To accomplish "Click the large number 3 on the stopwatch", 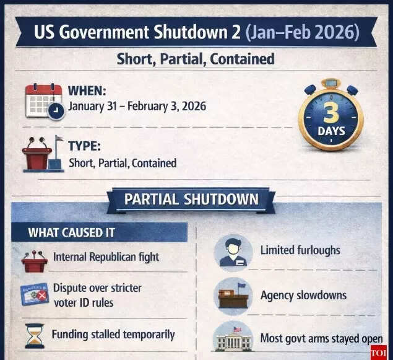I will pos(330,112).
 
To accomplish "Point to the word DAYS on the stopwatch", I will pos(331,131).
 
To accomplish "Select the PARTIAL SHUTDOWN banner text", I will pos(191,200).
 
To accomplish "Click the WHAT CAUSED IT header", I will pos(71,232).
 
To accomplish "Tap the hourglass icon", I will pos(34,335).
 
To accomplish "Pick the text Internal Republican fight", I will pos(106,257).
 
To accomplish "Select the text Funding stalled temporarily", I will pos(113,335).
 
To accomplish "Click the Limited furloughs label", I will pos(300,250).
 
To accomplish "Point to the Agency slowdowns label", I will pos(303,295).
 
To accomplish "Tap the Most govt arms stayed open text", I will pos(321,339).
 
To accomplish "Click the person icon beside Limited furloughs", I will pos(233,252).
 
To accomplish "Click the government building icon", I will pos(233,340).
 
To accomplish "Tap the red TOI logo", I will pos(378,352).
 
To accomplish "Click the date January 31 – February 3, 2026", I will pos(137,106).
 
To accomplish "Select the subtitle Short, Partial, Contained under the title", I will pos(196,59).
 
